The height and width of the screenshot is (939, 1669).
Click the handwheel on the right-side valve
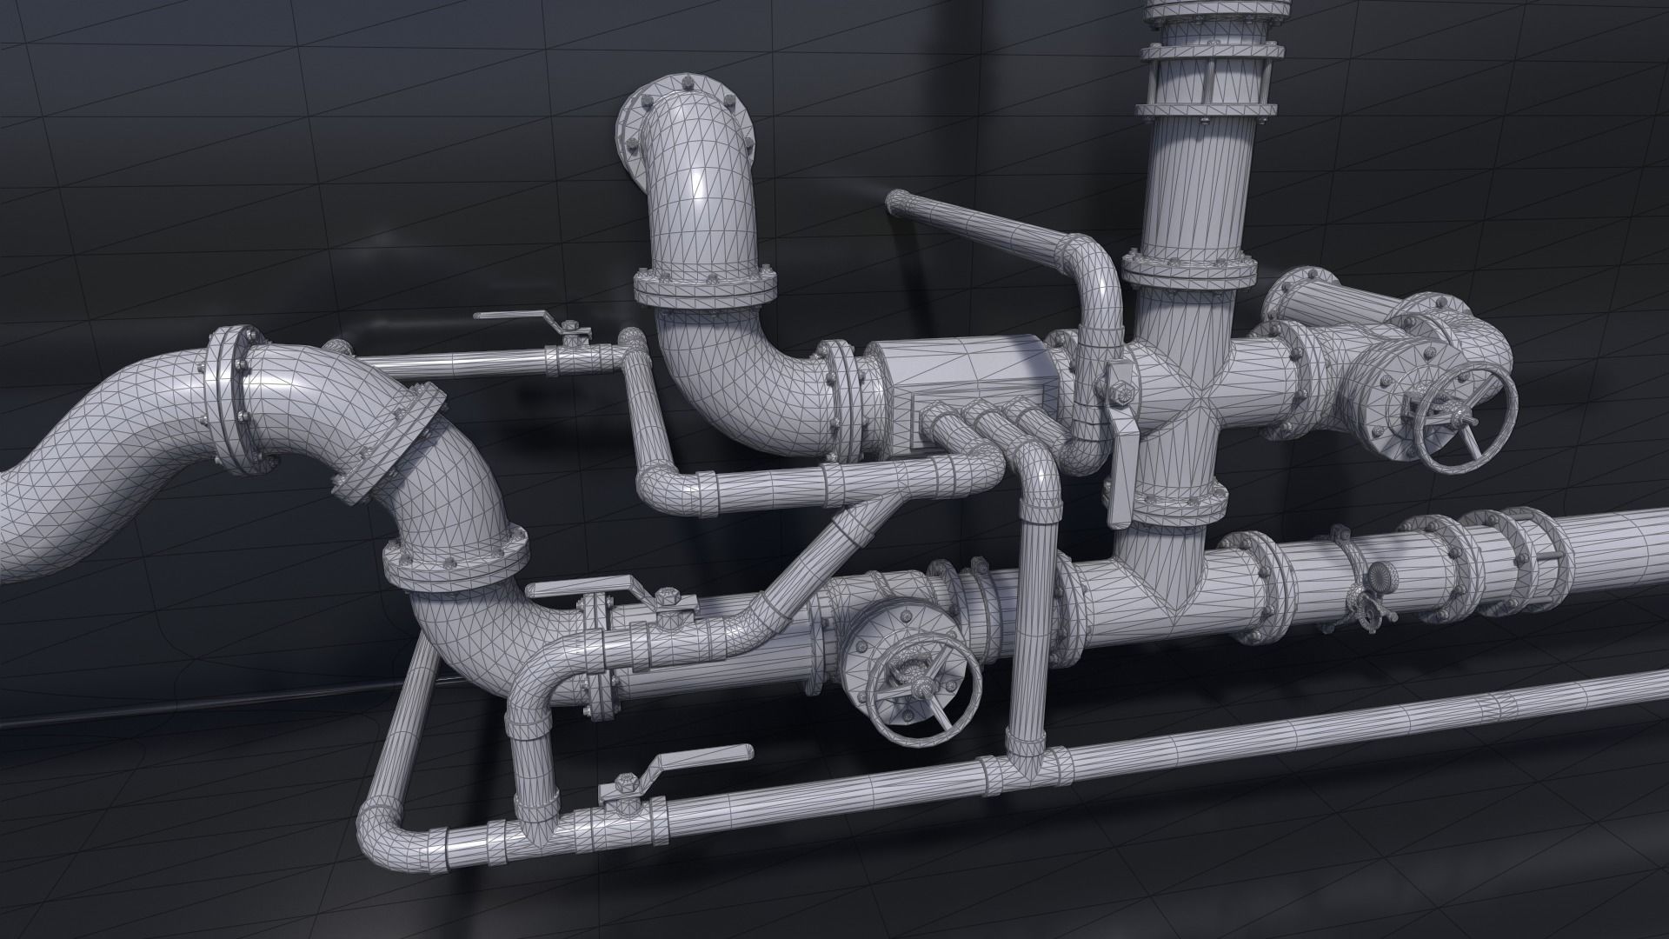tap(1466, 421)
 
